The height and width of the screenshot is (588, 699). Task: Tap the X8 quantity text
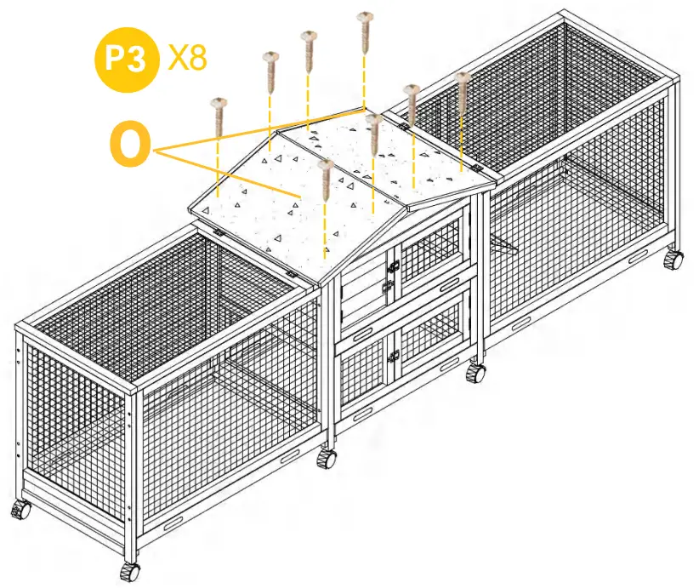(186, 59)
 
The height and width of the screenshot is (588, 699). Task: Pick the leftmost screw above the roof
(219, 115)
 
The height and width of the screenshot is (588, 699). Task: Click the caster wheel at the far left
(20, 511)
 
